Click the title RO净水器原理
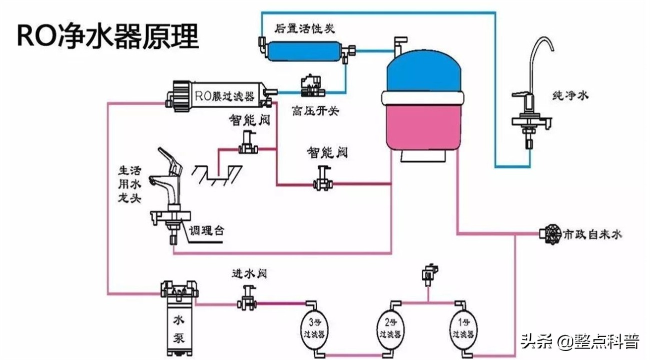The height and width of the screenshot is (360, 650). [x=108, y=36]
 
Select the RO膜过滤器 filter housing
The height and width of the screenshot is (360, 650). [x=218, y=94]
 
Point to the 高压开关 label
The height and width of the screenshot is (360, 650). [x=315, y=111]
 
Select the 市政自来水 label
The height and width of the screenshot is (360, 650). [x=592, y=234]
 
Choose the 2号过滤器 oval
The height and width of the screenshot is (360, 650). [x=389, y=329]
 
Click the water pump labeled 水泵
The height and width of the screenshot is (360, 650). [x=179, y=320]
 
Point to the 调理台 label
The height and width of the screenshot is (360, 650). [x=207, y=230]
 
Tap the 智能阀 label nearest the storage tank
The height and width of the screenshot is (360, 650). [x=327, y=152]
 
